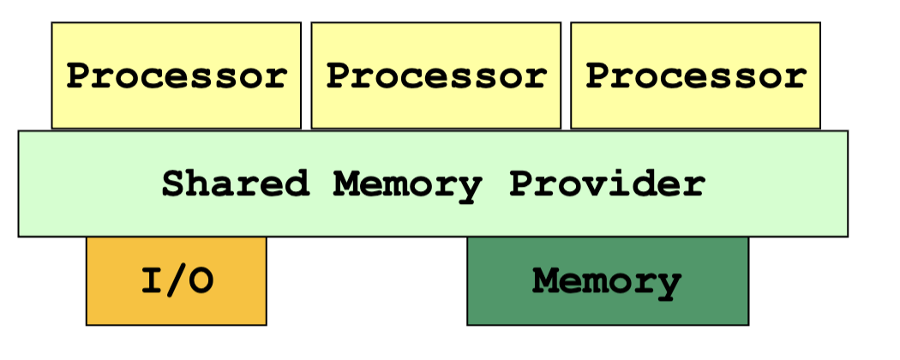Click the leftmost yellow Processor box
coord(176,75)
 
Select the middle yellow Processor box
coord(435,75)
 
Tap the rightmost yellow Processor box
coord(695,75)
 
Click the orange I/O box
coord(176,281)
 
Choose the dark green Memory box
coord(607,281)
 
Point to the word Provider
coord(607,183)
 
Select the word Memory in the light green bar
coord(409,183)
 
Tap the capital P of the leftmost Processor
coord(79,76)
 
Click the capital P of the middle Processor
coord(339,76)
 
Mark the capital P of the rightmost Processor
coord(598,76)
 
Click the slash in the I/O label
coord(176,281)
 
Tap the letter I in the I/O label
coord(152,281)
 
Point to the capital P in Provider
coord(520,183)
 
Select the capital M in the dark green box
coord(544,281)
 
